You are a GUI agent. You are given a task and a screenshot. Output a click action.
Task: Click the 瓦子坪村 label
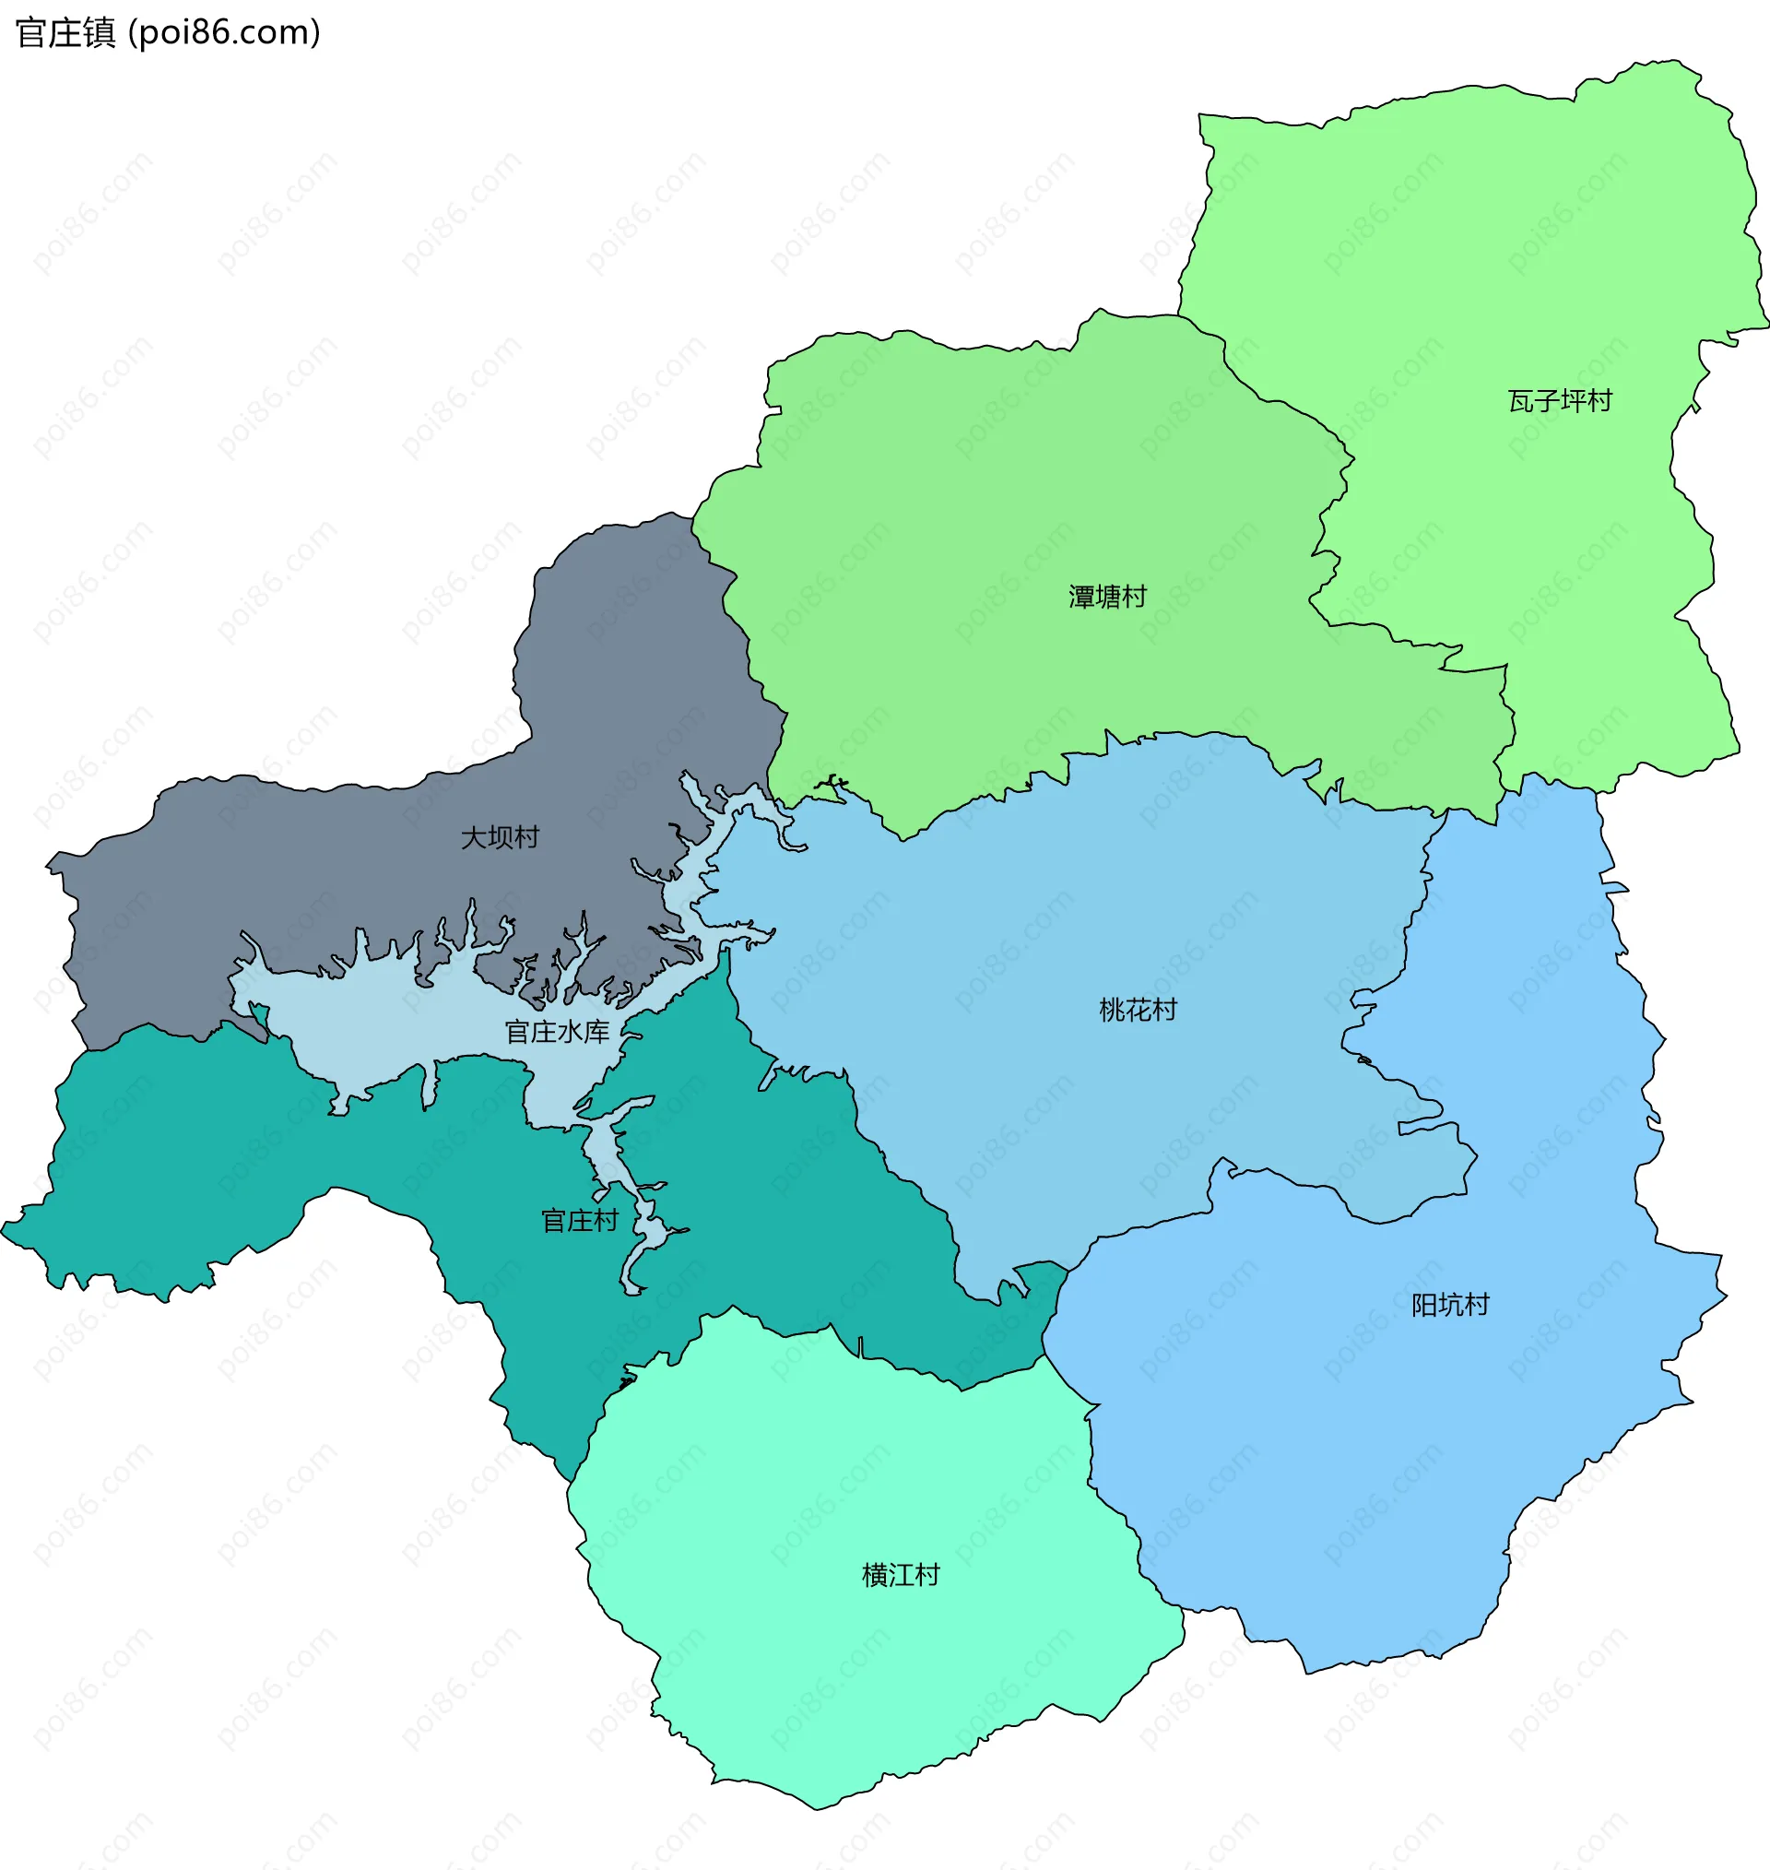click(1560, 401)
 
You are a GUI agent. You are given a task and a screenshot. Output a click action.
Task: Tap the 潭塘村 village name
click(1107, 597)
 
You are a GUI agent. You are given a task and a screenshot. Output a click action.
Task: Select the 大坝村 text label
click(499, 837)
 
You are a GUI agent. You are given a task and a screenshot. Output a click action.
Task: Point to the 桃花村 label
click(1138, 1011)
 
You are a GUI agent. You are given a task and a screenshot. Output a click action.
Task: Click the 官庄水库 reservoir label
click(557, 1032)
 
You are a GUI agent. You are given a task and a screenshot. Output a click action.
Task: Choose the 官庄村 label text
click(579, 1221)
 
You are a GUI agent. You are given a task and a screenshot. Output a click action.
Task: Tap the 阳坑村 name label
click(1449, 1305)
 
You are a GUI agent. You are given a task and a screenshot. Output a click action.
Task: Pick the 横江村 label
click(900, 1575)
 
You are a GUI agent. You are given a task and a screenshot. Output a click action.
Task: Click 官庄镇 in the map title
click(65, 33)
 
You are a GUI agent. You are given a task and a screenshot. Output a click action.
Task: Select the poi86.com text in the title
click(225, 33)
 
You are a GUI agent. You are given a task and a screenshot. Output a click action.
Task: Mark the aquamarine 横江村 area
click(849, 1679)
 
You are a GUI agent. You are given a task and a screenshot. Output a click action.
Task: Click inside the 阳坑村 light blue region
click(1368, 1462)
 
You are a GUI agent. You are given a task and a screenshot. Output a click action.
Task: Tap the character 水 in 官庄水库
click(570, 1032)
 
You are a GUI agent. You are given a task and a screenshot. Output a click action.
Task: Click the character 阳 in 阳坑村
click(1422, 1305)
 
